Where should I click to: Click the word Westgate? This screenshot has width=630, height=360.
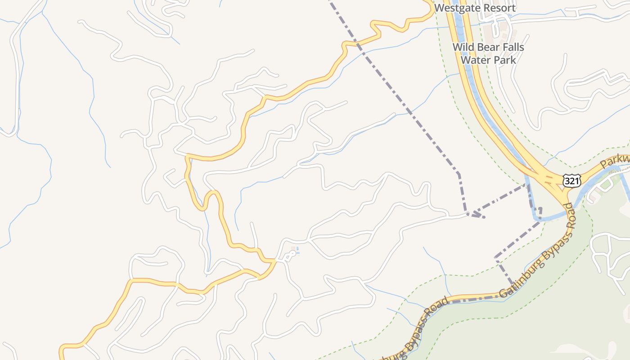(x=454, y=8)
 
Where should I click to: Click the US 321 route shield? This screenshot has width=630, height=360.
(x=571, y=180)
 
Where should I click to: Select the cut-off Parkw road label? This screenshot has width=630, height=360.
(x=615, y=160)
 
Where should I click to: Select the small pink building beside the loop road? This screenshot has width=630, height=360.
(x=293, y=248)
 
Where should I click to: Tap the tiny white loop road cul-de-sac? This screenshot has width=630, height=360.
(x=290, y=255)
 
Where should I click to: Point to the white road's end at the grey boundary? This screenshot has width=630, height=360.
(x=468, y=214)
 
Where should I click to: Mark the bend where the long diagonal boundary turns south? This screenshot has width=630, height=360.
(x=458, y=173)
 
